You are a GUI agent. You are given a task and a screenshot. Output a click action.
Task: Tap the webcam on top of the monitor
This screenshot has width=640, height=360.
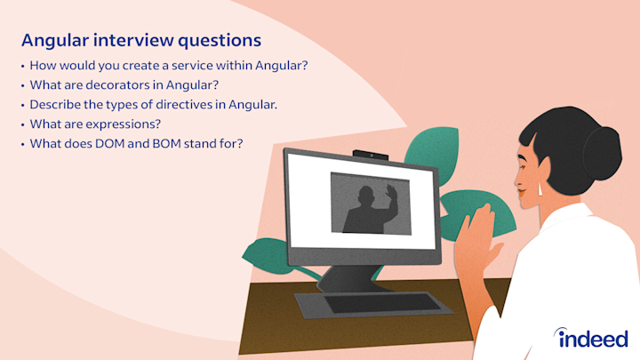pos(371,155)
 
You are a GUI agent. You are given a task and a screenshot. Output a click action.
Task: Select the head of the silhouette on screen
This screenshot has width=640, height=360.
pos(365,196)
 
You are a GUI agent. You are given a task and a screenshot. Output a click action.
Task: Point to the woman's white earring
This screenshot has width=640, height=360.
pos(540,189)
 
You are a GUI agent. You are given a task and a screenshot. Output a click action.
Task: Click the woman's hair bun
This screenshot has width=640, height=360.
pos(602,153)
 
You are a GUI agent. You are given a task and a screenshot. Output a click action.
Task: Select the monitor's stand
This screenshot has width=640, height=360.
pos(347,279)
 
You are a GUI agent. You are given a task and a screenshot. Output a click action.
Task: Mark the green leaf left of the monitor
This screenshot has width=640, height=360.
pos(265,256)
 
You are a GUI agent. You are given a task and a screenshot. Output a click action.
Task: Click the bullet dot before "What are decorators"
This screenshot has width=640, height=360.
pos(23,85)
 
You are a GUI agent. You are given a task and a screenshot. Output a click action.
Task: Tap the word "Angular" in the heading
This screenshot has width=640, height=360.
pos(55,41)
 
